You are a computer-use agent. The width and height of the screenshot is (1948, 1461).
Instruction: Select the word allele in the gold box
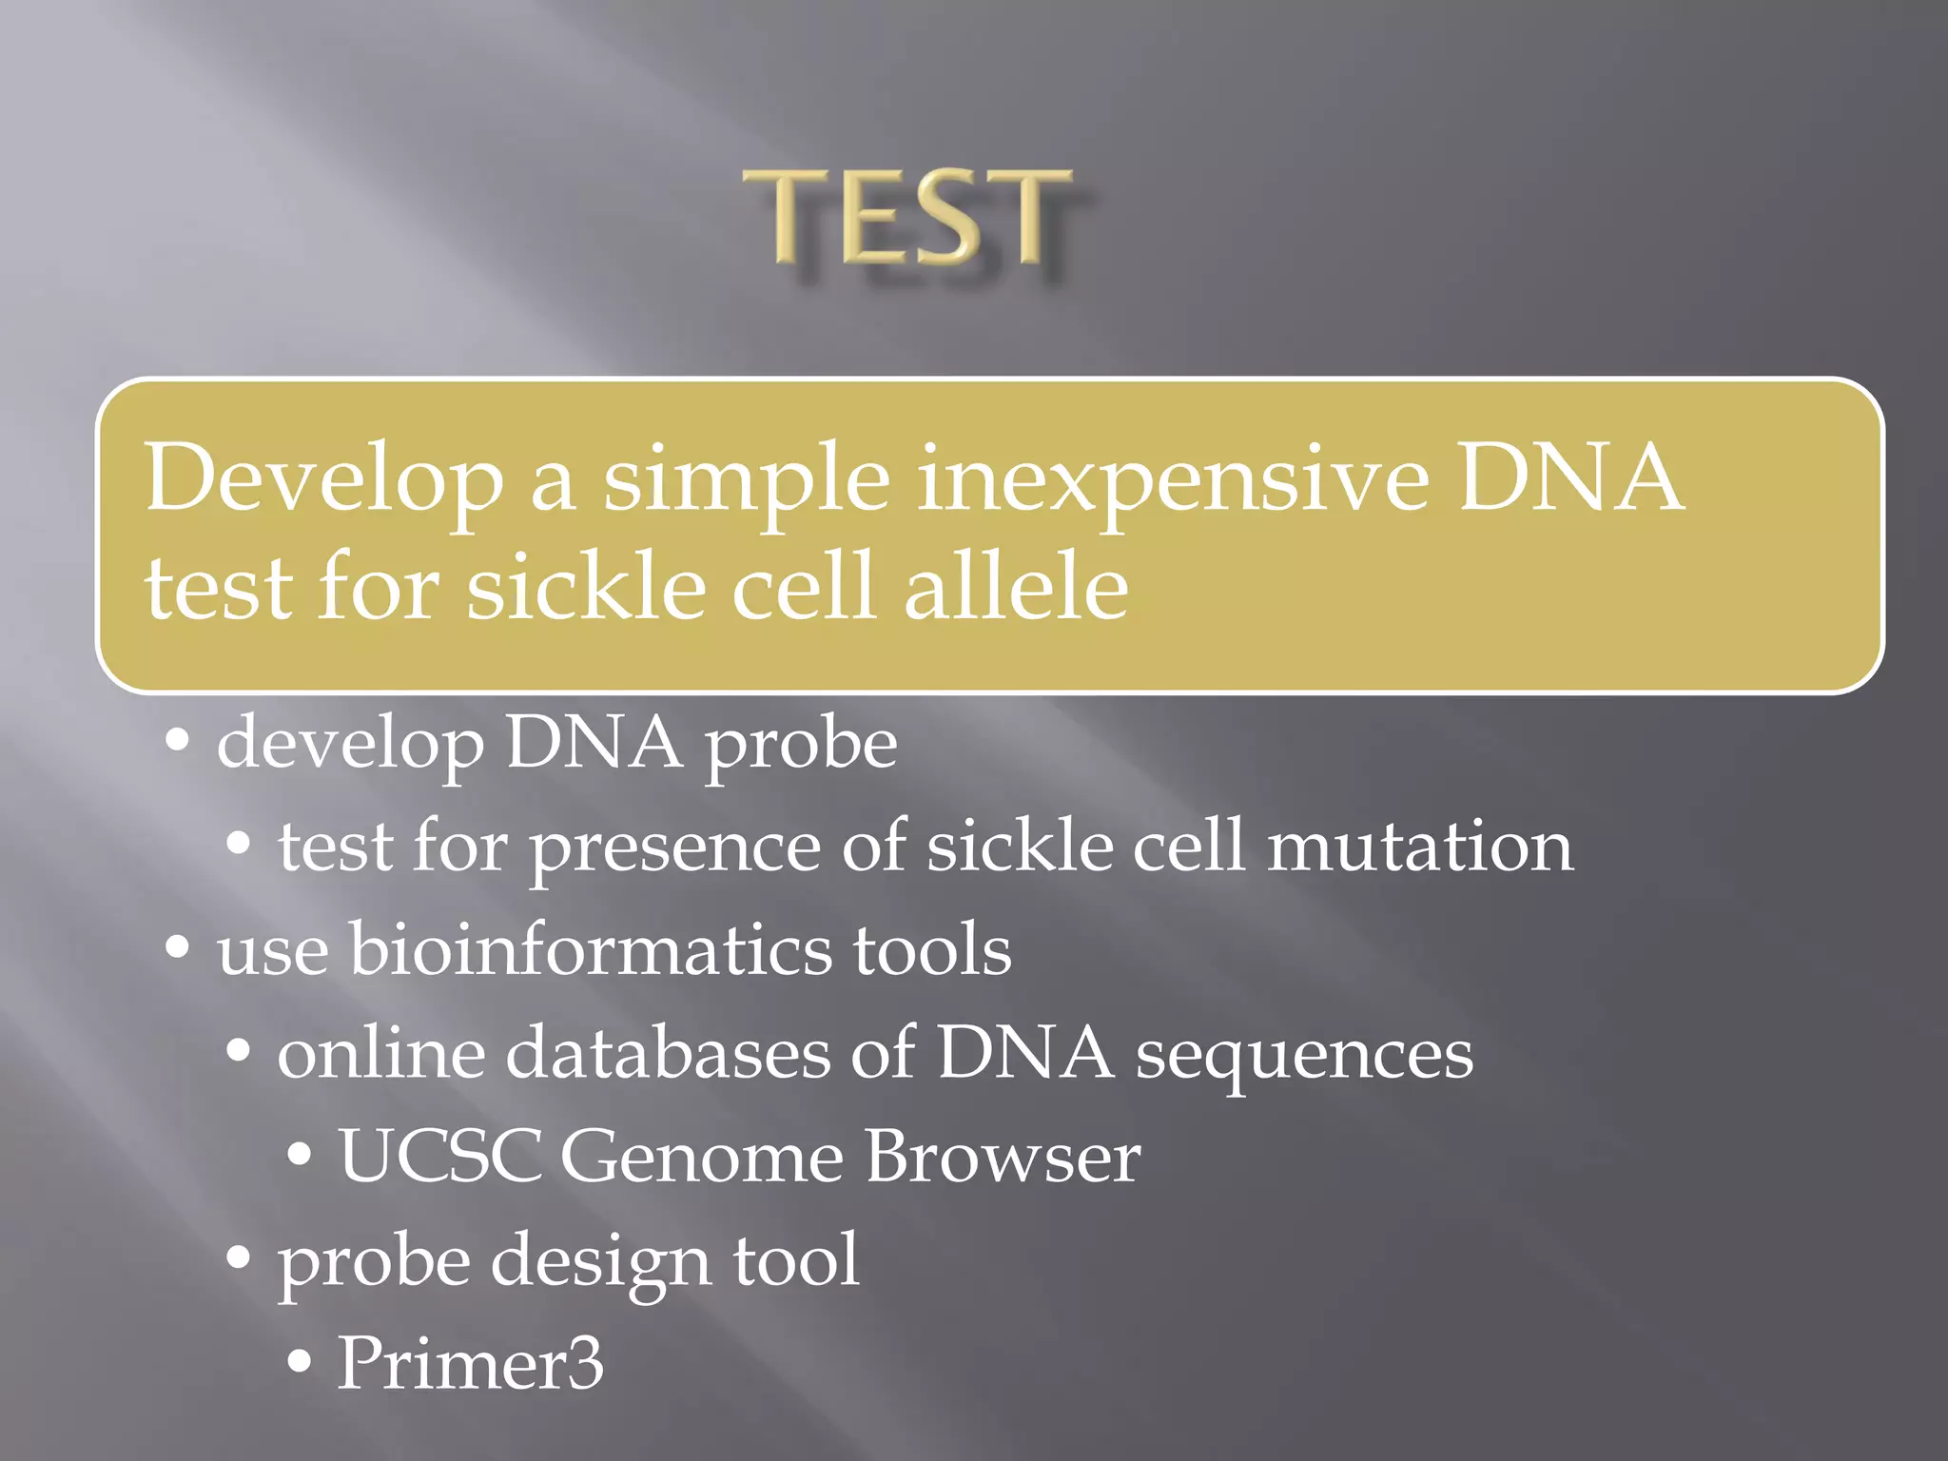coord(1015,587)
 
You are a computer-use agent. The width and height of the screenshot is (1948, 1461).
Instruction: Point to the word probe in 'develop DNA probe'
coord(800,745)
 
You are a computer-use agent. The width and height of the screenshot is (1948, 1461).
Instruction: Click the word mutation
coord(1420,847)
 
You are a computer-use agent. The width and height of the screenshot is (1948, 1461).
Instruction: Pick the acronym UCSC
coord(439,1157)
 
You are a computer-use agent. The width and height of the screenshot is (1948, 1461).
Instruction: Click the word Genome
coord(701,1157)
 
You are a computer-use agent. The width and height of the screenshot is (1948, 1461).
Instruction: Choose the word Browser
coord(1003,1157)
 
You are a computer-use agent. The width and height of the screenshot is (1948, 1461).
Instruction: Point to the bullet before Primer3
coord(299,1362)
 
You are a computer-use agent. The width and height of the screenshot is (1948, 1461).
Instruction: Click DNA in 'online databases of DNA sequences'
coord(1024,1053)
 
